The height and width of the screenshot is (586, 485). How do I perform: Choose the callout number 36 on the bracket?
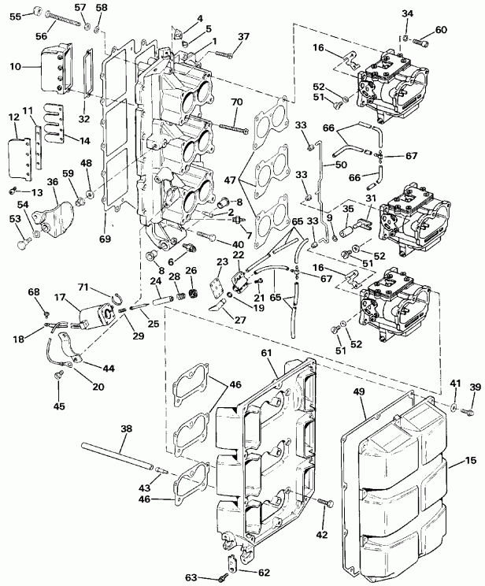tap(52, 180)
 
